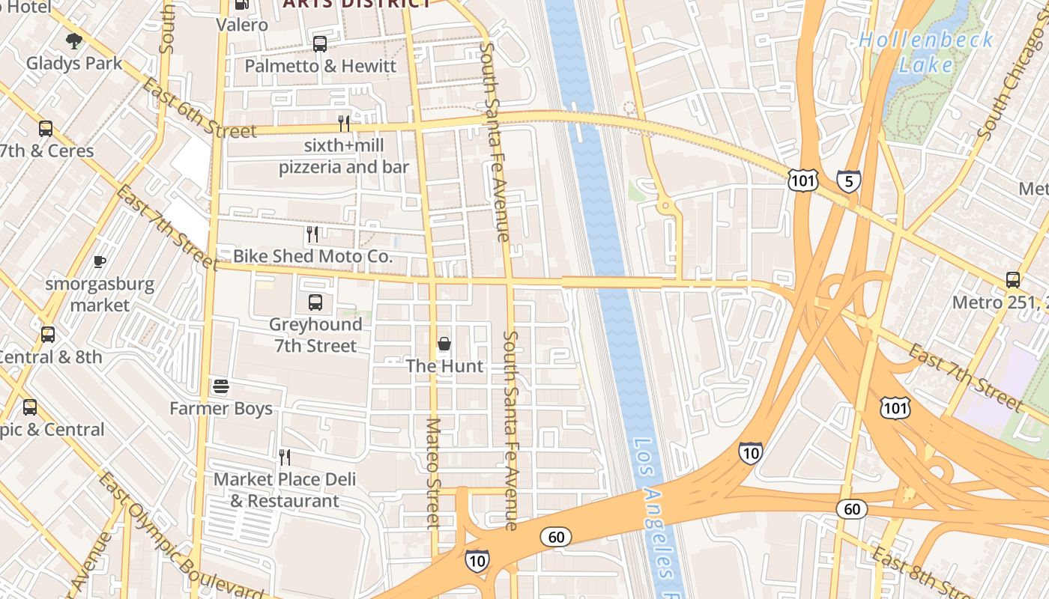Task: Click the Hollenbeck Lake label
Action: point(926,52)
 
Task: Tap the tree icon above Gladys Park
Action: point(73,41)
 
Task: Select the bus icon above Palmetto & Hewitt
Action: point(320,44)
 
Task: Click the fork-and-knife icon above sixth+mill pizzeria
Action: point(344,123)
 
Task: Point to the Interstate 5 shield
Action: point(848,181)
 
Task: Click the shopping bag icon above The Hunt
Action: point(444,344)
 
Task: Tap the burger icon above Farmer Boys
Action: point(220,386)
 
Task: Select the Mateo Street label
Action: point(433,473)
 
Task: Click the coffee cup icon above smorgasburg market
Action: point(99,261)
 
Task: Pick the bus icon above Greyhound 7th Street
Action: point(315,302)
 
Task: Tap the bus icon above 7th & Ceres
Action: point(46,129)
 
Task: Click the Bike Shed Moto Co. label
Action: point(312,256)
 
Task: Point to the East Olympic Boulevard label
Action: point(180,535)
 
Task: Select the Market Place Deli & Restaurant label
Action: point(285,490)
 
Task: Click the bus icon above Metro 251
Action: point(1012,280)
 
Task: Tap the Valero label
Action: point(242,25)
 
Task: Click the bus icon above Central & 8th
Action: point(48,335)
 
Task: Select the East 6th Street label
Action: point(199,109)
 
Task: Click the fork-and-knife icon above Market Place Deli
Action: point(285,457)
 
